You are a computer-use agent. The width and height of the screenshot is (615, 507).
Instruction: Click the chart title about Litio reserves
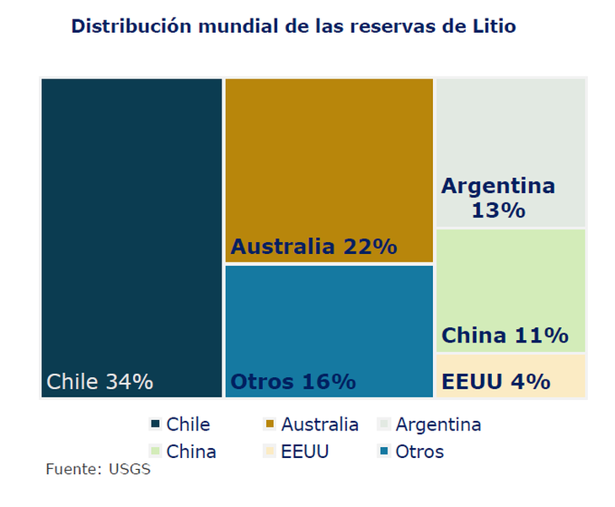pyautogui.click(x=293, y=26)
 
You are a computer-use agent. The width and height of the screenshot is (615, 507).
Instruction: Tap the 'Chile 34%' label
pyautogui.click(x=99, y=381)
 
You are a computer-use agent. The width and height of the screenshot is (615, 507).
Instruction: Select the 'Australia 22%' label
pyautogui.click(x=313, y=246)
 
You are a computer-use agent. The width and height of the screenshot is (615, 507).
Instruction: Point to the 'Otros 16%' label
pyautogui.click(x=293, y=381)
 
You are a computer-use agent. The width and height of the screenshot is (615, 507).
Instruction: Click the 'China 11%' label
pyautogui.click(x=505, y=335)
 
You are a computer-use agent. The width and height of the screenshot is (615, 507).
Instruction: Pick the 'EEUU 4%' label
pyautogui.click(x=495, y=381)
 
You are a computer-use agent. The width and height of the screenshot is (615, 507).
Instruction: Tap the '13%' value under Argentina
pyautogui.click(x=498, y=209)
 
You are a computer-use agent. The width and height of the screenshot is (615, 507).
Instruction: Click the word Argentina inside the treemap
pyautogui.click(x=498, y=186)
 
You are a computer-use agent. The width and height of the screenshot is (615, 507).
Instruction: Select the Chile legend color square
pyautogui.click(x=155, y=424)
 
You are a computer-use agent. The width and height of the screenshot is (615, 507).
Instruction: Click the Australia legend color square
pyautogui.click(x=270, y=424)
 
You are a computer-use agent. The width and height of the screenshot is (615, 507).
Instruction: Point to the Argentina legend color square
pyautogui.click(x=384, y=424)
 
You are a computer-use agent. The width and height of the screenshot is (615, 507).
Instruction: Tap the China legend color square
pyautogui.click(x=155, y=451)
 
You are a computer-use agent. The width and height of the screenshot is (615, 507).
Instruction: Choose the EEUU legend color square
pyautogui.click(x=270, y=451)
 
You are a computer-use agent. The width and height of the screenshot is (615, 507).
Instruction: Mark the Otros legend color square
pyautogui.click(x=384, y=451)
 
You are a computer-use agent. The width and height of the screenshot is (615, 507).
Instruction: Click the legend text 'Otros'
pyautogui.click(x=420, y=451)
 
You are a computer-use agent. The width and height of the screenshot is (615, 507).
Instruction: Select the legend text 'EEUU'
pyautogui.click(x=305, y=451)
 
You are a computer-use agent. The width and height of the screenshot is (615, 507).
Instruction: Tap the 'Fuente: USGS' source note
pyautogui.click(x=98, y=469)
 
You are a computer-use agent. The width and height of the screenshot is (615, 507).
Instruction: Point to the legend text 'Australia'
pyautogui.click(x=319, y=424)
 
